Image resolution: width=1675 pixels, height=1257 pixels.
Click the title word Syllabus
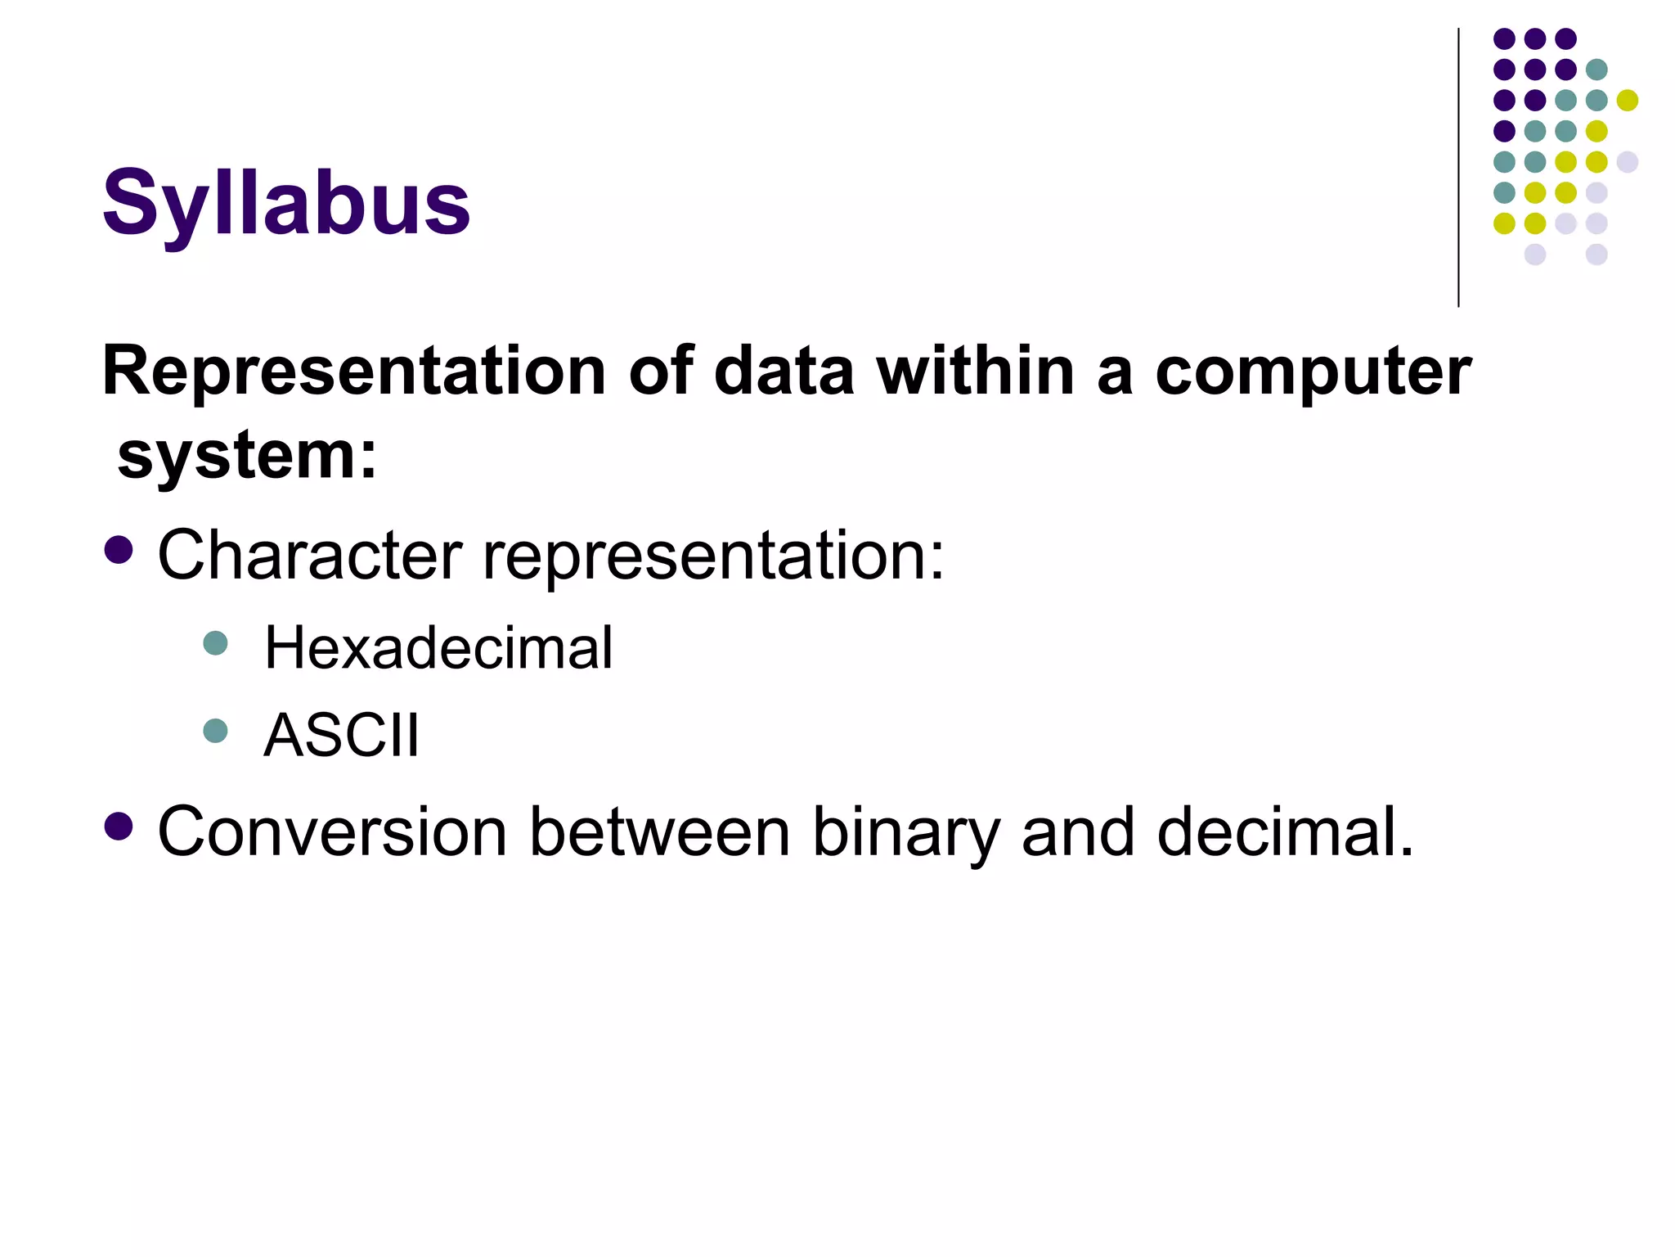(285, 203)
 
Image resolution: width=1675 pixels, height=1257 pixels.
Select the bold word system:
(247, 455)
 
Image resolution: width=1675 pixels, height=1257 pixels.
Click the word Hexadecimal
(438, 648)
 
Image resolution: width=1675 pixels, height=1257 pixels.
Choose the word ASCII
(341, 735)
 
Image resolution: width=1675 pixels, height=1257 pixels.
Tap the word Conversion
(332, 831)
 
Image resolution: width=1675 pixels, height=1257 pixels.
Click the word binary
(905, 833)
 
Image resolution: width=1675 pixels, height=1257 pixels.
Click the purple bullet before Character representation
(119, 551)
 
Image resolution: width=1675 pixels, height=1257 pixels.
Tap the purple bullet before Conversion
(119, 827)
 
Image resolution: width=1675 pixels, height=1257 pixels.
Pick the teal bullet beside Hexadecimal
(215, 643)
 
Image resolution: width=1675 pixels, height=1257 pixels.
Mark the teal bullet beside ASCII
(215, 730)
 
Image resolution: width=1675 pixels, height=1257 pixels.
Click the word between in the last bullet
(660, 831)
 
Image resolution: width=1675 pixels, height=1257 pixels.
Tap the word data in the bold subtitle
(784, 372)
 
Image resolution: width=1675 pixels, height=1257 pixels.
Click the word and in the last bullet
(1078, 831)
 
